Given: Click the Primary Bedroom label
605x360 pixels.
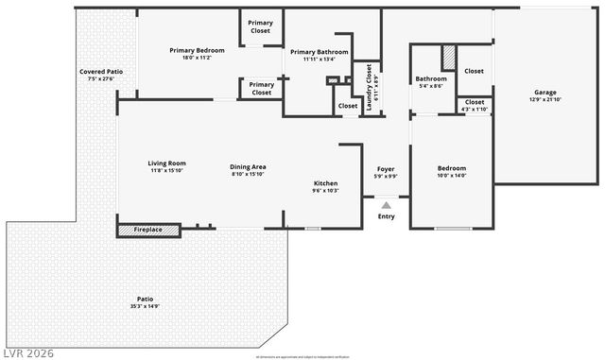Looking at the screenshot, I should click(x=197, y=50).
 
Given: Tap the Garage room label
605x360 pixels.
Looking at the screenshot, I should click(x=544, y=93).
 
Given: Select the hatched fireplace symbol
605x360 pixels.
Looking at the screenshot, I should click(x=135, y=230).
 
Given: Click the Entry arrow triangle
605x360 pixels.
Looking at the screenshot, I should click(x=386, y=204).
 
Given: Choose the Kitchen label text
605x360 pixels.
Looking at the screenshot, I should click(x=325, y=183).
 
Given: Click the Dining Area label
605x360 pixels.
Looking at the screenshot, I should click(x=249, y=167).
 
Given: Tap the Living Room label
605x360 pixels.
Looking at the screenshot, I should click(x=166, y=163).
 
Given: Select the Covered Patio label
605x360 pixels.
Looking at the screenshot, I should click(x=100, y=72).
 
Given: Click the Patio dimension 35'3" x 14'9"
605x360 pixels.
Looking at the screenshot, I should click(x=145, y=306).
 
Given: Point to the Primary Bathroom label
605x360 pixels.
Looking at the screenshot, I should click(x=319, y=52).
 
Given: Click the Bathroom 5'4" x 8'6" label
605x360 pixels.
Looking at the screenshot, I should click(x=430, y=79).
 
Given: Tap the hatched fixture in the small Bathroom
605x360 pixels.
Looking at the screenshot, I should click(x=449, y=57).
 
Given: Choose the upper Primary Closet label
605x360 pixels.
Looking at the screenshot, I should click(x=260, y=26).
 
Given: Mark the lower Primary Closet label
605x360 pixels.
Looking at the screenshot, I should click(x=261, y=88).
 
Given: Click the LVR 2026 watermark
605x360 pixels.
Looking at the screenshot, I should click(x=28, y=352).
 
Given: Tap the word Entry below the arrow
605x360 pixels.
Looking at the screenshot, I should click(x=386, y=216).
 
